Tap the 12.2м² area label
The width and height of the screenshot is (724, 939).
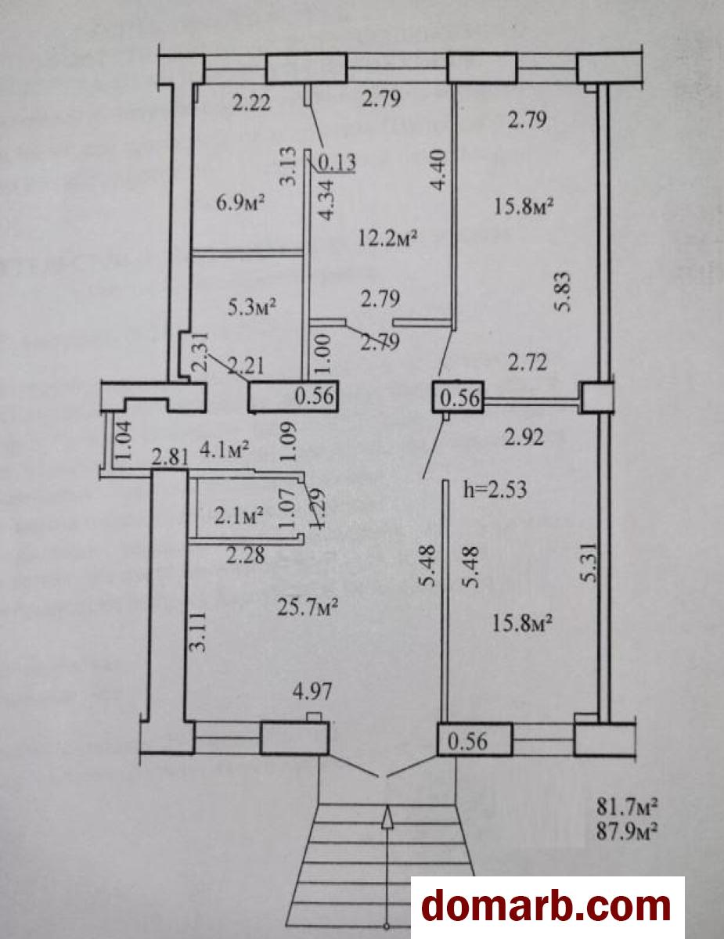coord(387,238)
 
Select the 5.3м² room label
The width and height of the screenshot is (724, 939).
coord(251,308)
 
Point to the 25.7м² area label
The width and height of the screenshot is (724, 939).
coord(308,607)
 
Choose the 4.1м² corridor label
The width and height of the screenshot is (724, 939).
coord(224,449)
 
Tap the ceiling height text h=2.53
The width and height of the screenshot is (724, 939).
coord(495,490)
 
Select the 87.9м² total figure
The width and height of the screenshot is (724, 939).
coord(627,831)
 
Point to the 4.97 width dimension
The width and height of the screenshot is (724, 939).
coord(312,691)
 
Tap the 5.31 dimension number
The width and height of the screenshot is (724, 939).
coord(590,563)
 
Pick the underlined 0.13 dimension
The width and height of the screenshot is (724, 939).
coord(337,163)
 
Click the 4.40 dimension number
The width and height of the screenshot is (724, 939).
coord(437,170)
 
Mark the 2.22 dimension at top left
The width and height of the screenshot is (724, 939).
coord(251,103)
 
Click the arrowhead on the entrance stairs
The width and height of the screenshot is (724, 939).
coord(387,815)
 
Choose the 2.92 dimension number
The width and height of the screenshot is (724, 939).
coord(524,437)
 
